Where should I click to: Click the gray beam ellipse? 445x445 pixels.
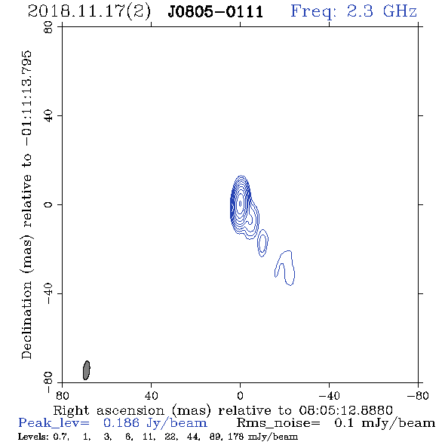coord(86,370)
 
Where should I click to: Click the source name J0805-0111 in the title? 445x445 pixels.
coord(216,12)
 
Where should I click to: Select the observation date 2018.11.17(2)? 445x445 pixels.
coord(89,12)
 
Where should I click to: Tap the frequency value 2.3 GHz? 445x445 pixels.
coord(382,11)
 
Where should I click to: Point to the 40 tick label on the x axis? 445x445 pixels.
coord(151,395)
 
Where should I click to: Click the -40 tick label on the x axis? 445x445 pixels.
coord(329,395)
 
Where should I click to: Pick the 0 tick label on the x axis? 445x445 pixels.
coord(240,395)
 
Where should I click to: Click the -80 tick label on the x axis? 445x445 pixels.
coord(418,395)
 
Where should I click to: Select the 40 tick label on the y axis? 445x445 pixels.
coord(48,116)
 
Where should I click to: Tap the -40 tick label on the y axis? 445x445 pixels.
coord(48,293)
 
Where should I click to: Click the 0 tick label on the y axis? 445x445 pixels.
coord(48,204)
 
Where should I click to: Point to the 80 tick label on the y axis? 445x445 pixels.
coord(48,27)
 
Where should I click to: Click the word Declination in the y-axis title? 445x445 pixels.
coord(26,320)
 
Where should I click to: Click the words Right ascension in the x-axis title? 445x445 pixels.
coord(109,410)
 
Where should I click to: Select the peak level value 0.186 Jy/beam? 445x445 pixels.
coord(155,423)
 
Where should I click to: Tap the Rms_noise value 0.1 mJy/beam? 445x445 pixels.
coord(385,423)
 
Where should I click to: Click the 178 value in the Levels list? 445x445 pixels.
coord(235,437)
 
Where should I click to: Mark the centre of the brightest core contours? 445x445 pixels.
coord(240,204)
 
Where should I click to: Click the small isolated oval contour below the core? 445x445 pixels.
coord(262,243)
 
